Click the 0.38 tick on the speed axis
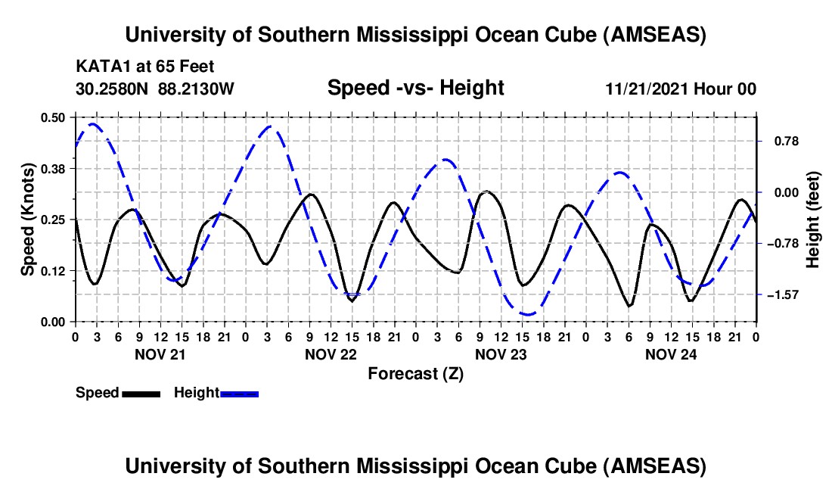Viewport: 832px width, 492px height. (x=53, y=168)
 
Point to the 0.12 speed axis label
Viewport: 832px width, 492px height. (x=53, y=270)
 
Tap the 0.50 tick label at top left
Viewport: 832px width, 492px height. (x=53, y=117)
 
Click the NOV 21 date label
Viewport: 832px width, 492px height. (x=160, y=354)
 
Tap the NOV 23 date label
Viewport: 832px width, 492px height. (x=500, y=354)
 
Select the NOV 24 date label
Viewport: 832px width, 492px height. (x=670, y=354)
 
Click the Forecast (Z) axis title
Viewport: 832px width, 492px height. (x=415, y=373)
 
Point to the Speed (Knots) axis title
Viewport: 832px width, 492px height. (x=28, y=220)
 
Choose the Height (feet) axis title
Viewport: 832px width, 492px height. (x=813, y=220)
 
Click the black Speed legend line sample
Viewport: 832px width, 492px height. (x=141, y=394)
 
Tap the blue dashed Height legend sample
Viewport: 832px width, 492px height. (x=240, y=394)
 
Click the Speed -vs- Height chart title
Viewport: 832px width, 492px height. (x=415, y=88)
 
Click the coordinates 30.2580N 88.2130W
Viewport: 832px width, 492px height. (x=155, y=89)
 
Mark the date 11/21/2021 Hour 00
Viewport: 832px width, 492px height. (x=681, y=89)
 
